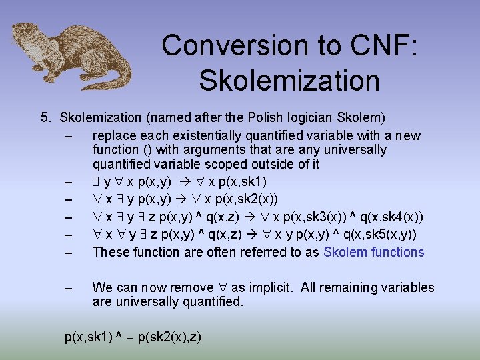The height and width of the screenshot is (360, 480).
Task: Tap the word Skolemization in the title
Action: click(x=289, y=80)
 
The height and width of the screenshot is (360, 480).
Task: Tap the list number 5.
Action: click(x=45, y=118)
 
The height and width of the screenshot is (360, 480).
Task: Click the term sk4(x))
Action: click(x=399, y=217)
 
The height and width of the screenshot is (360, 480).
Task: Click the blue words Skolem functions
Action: click(x=373, y=252)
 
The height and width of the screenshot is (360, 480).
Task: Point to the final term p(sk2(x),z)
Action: click(x=168, y=337)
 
